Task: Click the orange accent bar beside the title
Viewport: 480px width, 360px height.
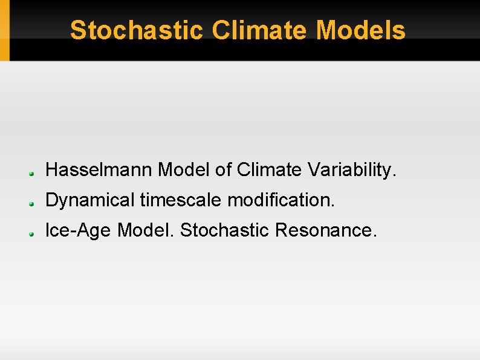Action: pyautogui.click(x=5, y=30)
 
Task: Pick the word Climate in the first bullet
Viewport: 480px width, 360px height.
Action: pyautogui.click(x=270, y=171)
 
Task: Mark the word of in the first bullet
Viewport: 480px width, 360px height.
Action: pyautogui.click(x=224, y=171)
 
